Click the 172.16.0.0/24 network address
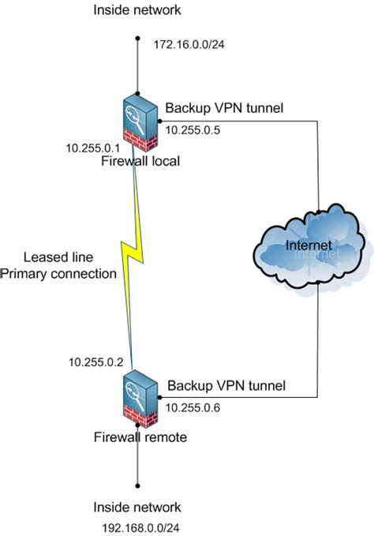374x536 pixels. (x=189, y=47)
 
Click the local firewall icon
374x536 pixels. (x=138, y=118)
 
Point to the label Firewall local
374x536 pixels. (x=140, y=161)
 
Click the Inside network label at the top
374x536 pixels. (x=137, y=10)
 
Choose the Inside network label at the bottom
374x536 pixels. (x=137, y=506)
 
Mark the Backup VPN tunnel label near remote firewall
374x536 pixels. (x=225, y=387)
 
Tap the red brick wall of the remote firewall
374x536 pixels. (x=139, y=415)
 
